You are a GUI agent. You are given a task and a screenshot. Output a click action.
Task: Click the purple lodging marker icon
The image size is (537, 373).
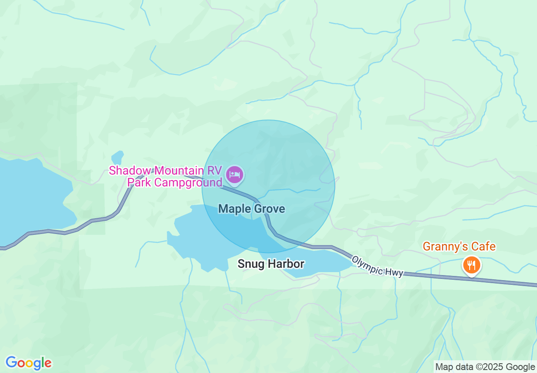pyautogui.click(x=235, y=175)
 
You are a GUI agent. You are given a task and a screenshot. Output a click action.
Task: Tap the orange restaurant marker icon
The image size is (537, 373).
pyautogui.click(x=471, y=265)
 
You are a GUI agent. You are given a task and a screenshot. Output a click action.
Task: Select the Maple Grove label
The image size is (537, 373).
pyautogui.click(x=252, y=209)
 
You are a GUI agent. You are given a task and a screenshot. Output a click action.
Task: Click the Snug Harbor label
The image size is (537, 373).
pyautogui.click(x=271, y=264)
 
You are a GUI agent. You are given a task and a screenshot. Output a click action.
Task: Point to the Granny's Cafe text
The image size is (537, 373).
pyautogui.click(x=459, y=246)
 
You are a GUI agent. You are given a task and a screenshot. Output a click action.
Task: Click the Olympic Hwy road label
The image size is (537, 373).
pyautogui.click(x=377, y=266)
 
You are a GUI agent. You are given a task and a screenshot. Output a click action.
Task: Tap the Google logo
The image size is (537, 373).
pyautogui.click(x=28, y=363)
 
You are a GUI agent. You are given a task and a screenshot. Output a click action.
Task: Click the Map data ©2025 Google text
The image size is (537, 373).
pyautogui.click(x=485, y=367)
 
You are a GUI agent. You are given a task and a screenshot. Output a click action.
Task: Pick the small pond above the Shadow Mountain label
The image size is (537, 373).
pyautogui.click(x=117, y=157)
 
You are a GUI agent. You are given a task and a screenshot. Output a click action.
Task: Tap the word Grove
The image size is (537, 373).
pyautogui.click(x=269, y=209)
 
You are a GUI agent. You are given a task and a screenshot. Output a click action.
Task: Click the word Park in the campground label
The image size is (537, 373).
pyautogui.click(x=139, y=183)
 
